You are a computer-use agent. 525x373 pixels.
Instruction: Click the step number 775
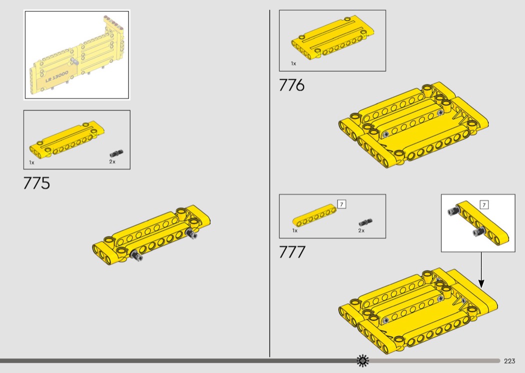pyautogui.click(x=36, y=183)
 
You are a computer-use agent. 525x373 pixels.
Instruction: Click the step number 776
pyautogui.click(x=291, y=85)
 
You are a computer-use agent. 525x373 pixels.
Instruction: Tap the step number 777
pyautogui.click(x=292, y=252)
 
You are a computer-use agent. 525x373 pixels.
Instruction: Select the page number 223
pyautogui.click(x=509, y=360)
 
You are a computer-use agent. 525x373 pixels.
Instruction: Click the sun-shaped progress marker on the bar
pyautogui.click(x=362, y=360)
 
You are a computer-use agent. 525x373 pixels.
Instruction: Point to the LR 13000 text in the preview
pyautogui.click(x=57, y=76)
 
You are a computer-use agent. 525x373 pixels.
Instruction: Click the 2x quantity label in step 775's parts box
pyautogui.click(x=112, y=161)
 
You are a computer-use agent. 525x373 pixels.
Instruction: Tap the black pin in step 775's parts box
pyautogui.click(x=116, y=153)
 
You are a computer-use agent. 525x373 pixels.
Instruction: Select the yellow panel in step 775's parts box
pyautogui.click(x=67, y=138)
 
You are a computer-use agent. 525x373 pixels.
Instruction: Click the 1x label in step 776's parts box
pyautogui.click(x=293, y=63)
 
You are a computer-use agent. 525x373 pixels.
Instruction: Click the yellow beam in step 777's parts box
pyautogui.click(x=314, y=215)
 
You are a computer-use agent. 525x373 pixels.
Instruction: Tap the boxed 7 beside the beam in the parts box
pyautogui.click(x=341, y=204)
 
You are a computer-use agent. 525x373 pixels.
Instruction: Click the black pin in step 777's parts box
pyautogui.click(x=365, y=222)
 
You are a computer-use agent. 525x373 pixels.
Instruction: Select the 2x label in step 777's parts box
pyautogui.click(x=361, y=230)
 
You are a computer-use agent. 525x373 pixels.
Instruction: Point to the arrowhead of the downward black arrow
pyautogui.click(x=481, y=284)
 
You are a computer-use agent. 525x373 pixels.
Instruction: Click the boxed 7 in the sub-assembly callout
pyautogui.click(x=484, y=204)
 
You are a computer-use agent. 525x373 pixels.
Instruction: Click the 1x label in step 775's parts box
pyautogui.click(x=32, y=162)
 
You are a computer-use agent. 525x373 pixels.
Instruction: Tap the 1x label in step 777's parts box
pyautogui.click(x=295, y=230)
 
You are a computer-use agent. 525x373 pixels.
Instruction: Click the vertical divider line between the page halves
pyautogui.click(x=269, y=183)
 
